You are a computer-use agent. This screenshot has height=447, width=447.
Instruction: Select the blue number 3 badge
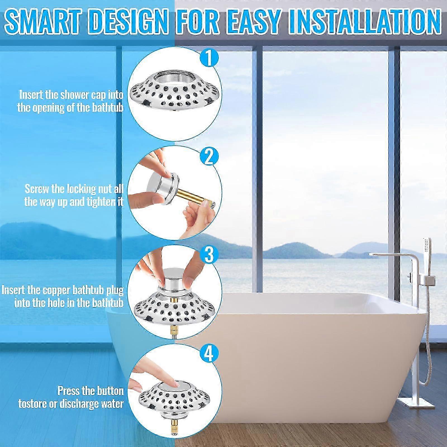[x=209, y=255]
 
